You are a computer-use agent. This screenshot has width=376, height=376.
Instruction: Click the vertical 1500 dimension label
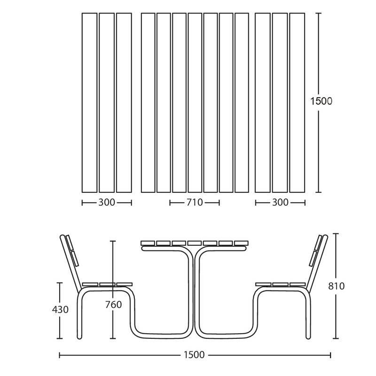point(321,101)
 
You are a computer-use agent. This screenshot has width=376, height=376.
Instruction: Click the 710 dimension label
point(195,203)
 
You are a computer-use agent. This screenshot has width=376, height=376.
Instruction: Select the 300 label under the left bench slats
point(107,203)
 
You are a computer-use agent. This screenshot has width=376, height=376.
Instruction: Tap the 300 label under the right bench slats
point(280,203)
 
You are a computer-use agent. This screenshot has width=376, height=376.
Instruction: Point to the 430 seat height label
point(60,310)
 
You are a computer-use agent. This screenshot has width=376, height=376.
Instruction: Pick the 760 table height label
point(113,305)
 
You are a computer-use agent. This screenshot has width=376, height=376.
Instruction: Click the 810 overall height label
point(336,286)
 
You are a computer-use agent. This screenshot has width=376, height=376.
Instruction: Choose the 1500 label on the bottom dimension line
point(194,355)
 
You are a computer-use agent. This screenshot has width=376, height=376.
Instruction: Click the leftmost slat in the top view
point(89,102)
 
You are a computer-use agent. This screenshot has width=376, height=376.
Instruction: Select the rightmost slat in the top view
point(297,102)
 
